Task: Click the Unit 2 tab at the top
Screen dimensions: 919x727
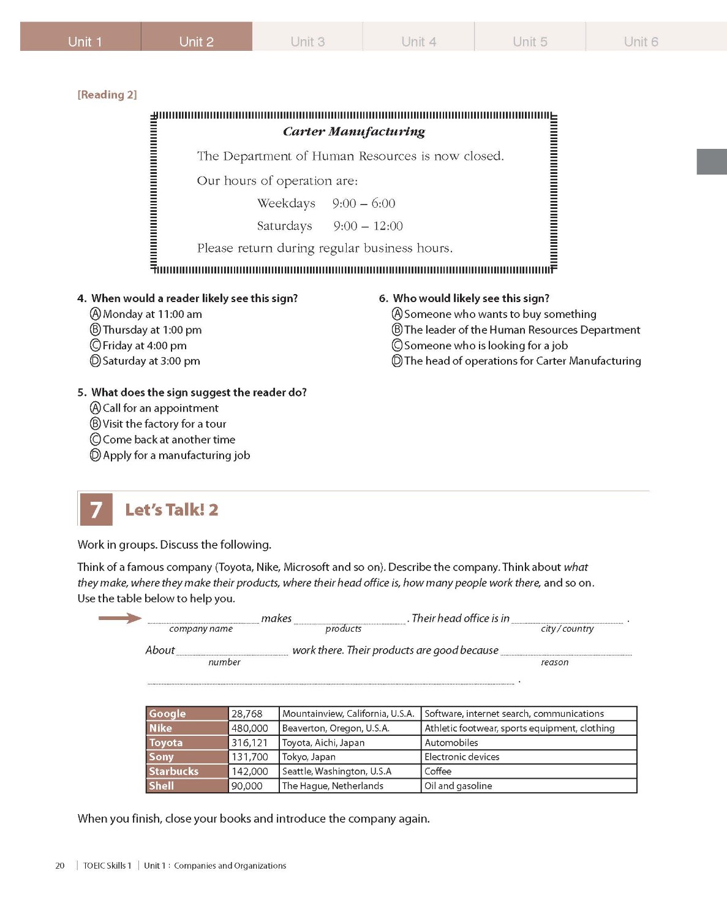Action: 196,41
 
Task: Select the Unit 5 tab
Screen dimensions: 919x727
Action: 530,41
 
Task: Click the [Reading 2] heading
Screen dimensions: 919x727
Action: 107,94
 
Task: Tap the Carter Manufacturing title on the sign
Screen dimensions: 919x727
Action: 353,131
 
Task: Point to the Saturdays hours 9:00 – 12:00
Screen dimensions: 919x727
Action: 367,225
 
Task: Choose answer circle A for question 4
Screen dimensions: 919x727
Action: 96,314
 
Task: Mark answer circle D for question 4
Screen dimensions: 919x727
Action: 96,361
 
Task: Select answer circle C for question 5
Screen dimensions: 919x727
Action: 96,439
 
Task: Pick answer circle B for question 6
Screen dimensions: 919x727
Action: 397,330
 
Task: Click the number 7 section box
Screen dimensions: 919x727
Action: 96,510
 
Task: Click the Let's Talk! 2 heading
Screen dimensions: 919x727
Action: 171,510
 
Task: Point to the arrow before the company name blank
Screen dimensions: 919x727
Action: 120,618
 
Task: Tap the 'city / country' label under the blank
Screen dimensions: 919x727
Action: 567,629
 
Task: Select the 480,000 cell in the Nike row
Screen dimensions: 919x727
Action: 250,728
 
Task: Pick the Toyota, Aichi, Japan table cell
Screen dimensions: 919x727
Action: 323,743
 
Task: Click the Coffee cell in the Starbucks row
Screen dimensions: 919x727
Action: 438,771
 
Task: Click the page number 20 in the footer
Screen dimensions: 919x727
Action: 60,866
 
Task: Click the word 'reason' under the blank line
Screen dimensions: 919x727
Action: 554,662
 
